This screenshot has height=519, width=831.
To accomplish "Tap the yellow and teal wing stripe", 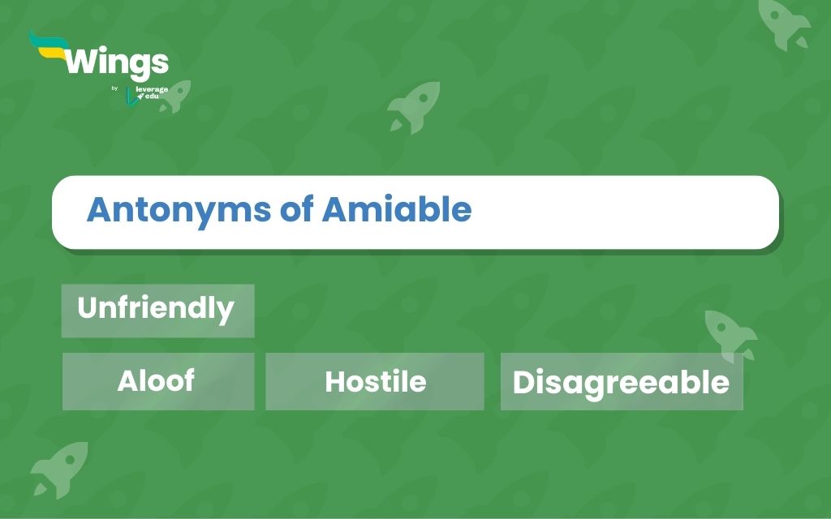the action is [x=49, y=45].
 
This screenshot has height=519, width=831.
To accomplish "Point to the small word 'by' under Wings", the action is [x=114, y=88].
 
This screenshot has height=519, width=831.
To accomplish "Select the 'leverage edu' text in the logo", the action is [x=152, y=92].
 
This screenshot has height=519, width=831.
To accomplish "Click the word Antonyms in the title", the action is [x=179, y=210].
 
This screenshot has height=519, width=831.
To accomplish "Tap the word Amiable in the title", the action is [x=397, y=208].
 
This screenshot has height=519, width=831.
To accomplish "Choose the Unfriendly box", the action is [x=158, y=311].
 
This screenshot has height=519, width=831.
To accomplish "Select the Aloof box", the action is [x=158, y=381].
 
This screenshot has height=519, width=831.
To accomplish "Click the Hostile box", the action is [x=375, y=381].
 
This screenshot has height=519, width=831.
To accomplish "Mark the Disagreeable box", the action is [x=622, y=381].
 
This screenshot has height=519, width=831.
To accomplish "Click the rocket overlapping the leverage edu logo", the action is [x=175, y=96].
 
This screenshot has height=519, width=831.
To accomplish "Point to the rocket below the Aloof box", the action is [x=59, y=470].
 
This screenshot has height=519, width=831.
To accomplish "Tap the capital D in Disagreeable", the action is [x=523, y=382].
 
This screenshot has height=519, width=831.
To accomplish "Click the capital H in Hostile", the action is [x=336, y=381].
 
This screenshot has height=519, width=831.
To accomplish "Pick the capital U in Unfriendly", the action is [x=88, y=307].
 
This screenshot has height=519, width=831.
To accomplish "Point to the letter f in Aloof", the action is [x=187, y=380].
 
